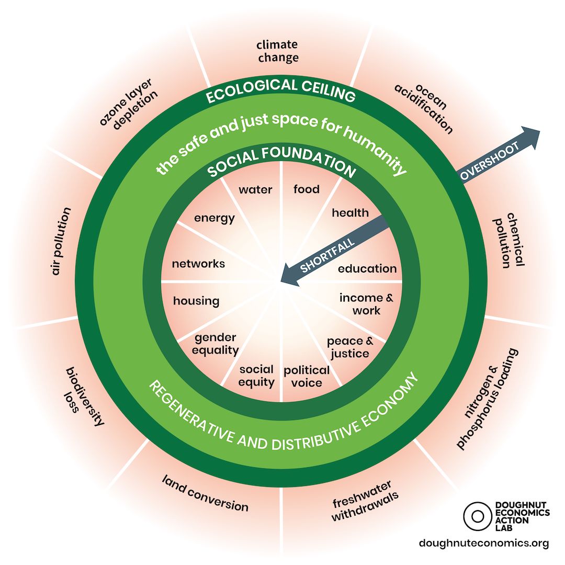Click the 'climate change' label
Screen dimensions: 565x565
tap(278, 51)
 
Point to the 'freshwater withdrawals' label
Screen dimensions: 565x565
tap(364, 501)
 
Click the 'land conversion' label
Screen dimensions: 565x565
tap(205, 492)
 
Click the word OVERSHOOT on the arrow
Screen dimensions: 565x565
tap(491, 160)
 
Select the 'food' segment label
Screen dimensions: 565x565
tap(306, 189)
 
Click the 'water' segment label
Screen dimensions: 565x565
tap(255, 189)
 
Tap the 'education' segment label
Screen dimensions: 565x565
tap(367, 269)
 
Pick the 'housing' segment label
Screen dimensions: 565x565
tap(196, 301)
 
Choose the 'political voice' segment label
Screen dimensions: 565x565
tap(307, 376)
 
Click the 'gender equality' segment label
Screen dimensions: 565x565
tap(215, 344)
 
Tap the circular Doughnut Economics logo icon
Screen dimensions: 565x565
tap(477, 515)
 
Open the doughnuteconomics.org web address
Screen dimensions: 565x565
tap(484, 544)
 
